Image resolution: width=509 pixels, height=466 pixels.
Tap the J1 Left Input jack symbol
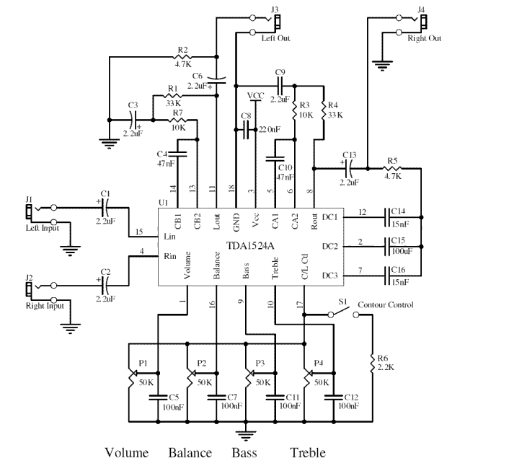(x=29, y=211)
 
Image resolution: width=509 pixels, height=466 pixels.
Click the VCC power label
(x=255, y=95)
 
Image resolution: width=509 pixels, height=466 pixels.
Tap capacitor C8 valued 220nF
(x=247, y=129)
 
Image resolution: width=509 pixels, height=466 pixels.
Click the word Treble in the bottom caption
(x=307, y=453)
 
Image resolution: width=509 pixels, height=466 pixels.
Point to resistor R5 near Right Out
(x=393, y=169)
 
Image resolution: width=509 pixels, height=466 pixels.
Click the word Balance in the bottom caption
(x=190, y=453)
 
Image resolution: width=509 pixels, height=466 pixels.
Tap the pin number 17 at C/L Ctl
(x=299, y=304)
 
